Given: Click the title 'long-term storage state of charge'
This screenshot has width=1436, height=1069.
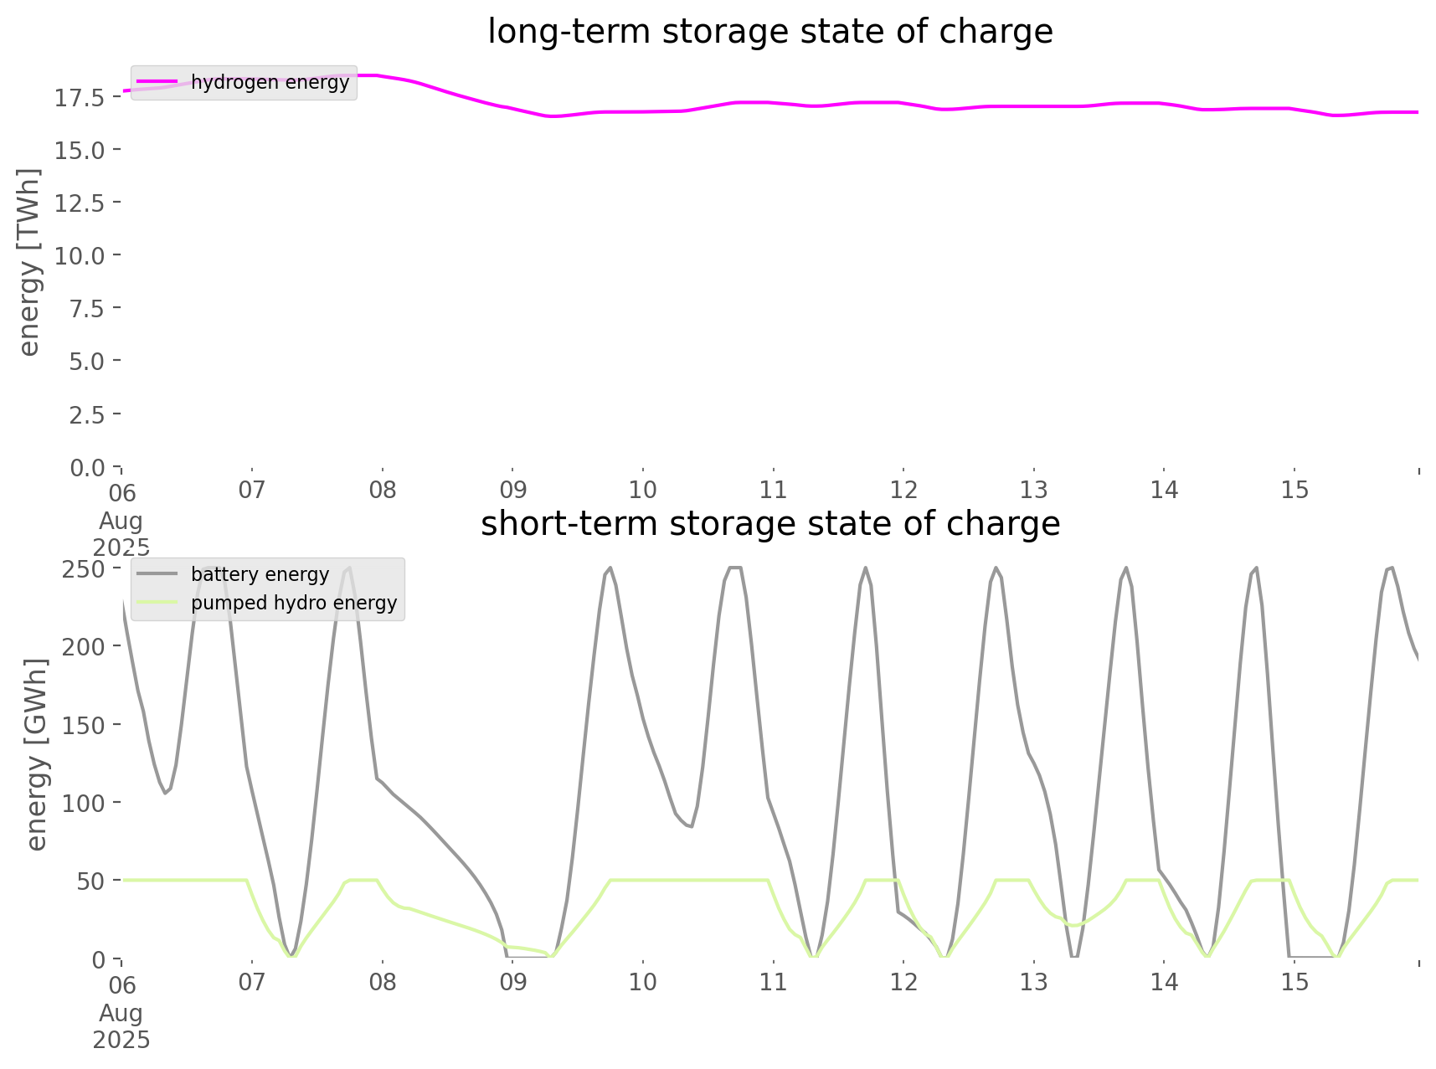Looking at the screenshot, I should tap(769, 32).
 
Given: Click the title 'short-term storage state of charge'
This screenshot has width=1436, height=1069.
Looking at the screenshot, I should tap(769, 524).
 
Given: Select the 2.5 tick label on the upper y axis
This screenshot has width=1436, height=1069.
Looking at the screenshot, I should tap(86, 414).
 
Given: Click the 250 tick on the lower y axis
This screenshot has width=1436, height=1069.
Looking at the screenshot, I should tap(83, 569).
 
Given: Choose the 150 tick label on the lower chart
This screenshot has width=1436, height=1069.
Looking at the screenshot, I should tap(83, 725).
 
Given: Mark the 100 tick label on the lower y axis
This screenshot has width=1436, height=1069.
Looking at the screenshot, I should tap(83, 804).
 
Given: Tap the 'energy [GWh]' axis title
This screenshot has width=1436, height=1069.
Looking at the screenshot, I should tap(36, 754).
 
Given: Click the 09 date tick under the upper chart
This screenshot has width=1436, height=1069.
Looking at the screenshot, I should tap(512, 491).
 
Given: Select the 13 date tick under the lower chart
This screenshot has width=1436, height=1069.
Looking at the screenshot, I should tap(1034, 982).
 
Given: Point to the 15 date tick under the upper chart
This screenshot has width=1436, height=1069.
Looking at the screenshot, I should tap(1294, 491).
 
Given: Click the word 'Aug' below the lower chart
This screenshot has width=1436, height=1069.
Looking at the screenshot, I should tap(121, 1014).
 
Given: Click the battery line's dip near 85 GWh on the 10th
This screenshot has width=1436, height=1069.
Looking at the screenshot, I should tap(690, 826).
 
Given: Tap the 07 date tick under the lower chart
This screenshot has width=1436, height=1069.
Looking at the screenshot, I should tap(252, 982).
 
